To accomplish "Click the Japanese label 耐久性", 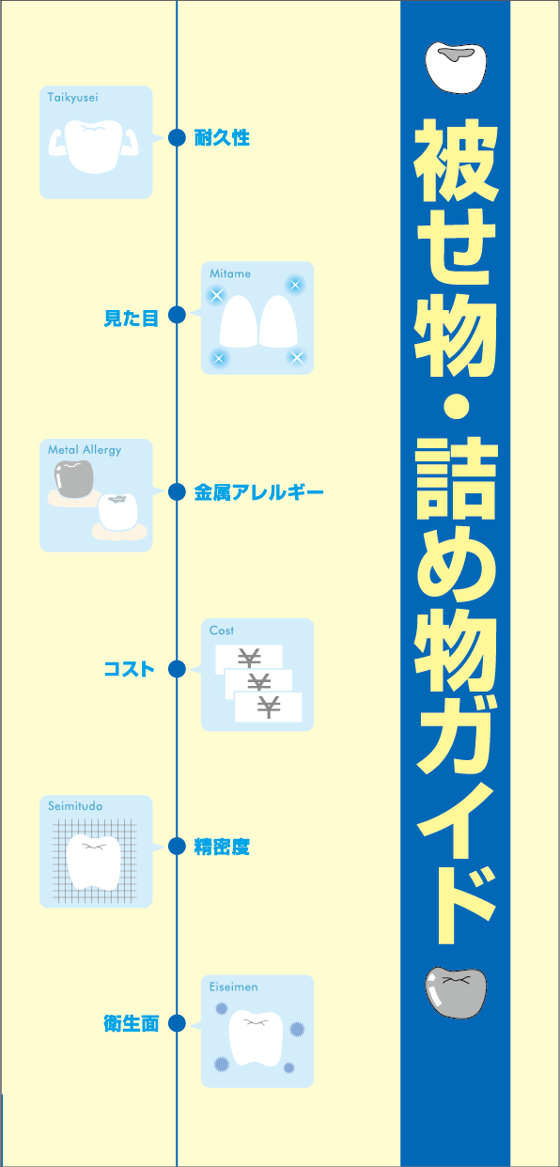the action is coord(222,138).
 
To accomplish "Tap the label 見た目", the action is coord(132,318).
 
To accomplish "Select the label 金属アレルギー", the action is coord(259,492).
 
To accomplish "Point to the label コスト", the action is coord(129,669).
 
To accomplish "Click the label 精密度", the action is coord(222,847).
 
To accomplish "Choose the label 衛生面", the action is coord(132,1023).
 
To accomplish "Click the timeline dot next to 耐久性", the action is coord(178,137).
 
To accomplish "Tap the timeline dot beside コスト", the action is coord(178,669).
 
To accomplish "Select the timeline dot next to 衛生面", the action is coord(178,1023).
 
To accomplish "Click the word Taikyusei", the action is coord(72,98).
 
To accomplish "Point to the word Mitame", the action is coord(229,273).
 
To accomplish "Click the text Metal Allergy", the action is coord(85,450).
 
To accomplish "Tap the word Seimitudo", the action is coord(75,806).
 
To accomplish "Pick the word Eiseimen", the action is coord(233,987).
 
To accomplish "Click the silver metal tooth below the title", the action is coord(456,992).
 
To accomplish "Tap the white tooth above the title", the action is coord(456,68).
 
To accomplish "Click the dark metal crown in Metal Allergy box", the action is coord(74,479).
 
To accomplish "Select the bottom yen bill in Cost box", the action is coord(269,707).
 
